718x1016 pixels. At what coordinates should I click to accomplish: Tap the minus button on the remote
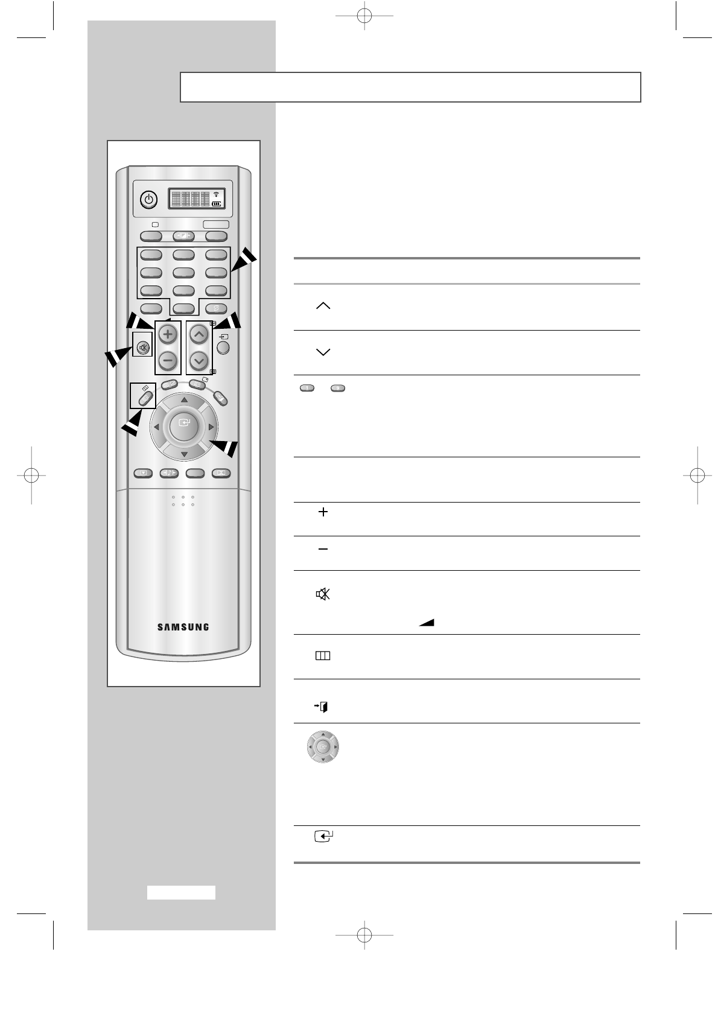click(168, 361)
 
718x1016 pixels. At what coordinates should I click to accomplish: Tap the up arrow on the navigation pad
click(184, 400)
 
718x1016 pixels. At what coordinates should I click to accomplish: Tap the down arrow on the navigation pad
click(184, 453)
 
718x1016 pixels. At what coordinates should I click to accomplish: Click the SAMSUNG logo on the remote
click(183, 627)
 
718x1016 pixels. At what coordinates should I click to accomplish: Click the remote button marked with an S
click(216, 309)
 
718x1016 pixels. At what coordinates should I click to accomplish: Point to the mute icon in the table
click(323, 594)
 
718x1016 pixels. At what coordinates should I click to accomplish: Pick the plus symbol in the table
click(323, 512)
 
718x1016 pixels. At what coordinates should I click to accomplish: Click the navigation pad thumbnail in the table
click(323, 747)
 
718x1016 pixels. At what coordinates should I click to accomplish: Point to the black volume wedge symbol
click(427, 623)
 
